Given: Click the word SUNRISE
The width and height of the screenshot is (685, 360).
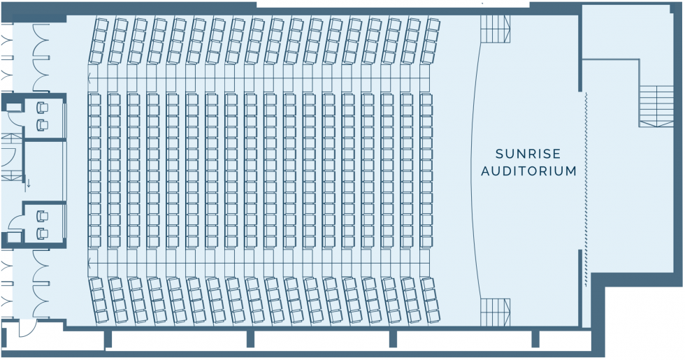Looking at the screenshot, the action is [x=528, y=154].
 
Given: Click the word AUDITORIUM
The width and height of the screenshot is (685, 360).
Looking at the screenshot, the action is [x=528, y=171].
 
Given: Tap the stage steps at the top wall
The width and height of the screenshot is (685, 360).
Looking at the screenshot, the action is [x=496, y=29].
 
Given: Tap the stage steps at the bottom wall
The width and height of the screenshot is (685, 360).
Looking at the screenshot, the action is [x=496, y=312].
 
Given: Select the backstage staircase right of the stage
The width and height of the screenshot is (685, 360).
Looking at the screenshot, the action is [x=656, y=106].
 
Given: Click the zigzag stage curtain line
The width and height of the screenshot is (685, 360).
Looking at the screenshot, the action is [x=586, y=189].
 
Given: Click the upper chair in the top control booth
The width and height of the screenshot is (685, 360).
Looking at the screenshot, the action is [x=43, y=108].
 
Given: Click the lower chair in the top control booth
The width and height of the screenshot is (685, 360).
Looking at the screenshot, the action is [x=43, y=125].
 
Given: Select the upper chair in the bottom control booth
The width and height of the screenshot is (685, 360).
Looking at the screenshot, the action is [x=43, y=216].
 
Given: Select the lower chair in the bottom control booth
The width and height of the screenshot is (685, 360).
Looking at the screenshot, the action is [x=43, y=233].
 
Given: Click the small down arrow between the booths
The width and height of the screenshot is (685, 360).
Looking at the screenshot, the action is [x=29, y=182].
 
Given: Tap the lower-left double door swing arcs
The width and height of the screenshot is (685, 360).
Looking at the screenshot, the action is [x=42, y=285].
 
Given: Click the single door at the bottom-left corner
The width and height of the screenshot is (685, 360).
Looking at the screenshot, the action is [x=27, y=328].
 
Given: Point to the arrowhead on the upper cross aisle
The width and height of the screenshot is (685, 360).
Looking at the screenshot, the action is [x=89, y=78].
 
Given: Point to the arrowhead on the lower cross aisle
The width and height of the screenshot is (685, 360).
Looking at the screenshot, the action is [x=89, y=263].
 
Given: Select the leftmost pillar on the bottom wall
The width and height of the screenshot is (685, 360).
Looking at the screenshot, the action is [x=108, y=339].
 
